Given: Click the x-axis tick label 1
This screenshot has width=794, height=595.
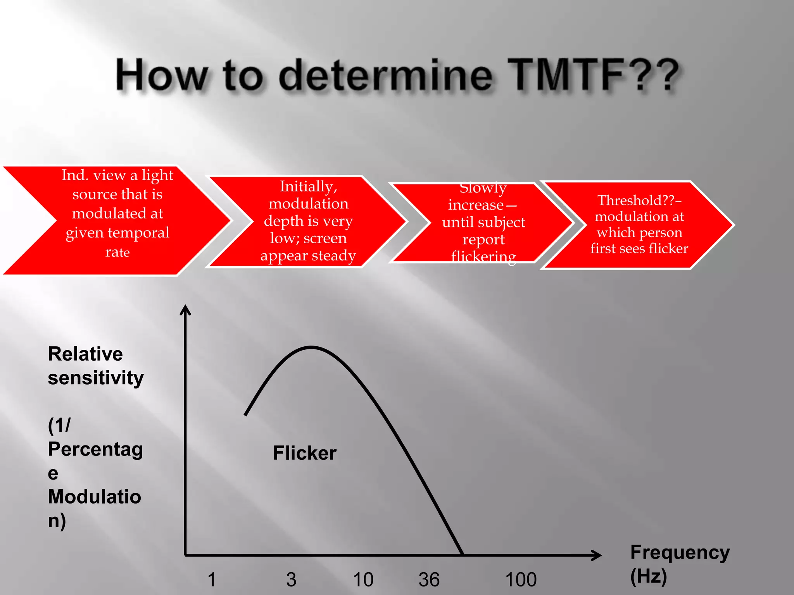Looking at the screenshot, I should [x=212, y=580].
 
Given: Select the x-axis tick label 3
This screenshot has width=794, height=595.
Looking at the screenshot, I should [x=291, y=580].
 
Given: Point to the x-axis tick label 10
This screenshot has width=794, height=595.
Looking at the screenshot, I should [x=363, y=580].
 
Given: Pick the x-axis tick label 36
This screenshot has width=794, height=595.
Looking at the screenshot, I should [x=429, y=580].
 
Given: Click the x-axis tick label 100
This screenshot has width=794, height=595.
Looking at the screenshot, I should [x=521, y=580].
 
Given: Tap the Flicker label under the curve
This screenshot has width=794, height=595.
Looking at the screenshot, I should [x=305, y=453].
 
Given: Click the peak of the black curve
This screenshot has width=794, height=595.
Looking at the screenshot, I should [x=311, y=347].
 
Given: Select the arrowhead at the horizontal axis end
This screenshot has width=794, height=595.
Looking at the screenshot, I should [x=597, y=555].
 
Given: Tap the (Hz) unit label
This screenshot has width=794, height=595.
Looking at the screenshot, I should [x=648, y=576].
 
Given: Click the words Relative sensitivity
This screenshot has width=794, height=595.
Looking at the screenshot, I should [x=95, y=365].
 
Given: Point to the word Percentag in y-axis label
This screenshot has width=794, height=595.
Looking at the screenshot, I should [x=95, y=449].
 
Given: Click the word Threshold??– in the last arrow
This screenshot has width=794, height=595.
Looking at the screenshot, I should [x=639, y=200].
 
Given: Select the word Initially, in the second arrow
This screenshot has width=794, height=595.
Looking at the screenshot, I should [x=309, y=187].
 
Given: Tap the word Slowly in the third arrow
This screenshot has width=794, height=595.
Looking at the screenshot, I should [x=483, y=188].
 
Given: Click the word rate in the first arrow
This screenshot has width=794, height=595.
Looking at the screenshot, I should [x=117, y=252].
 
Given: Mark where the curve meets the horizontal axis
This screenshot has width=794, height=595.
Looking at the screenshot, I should [x=462, y=554].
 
